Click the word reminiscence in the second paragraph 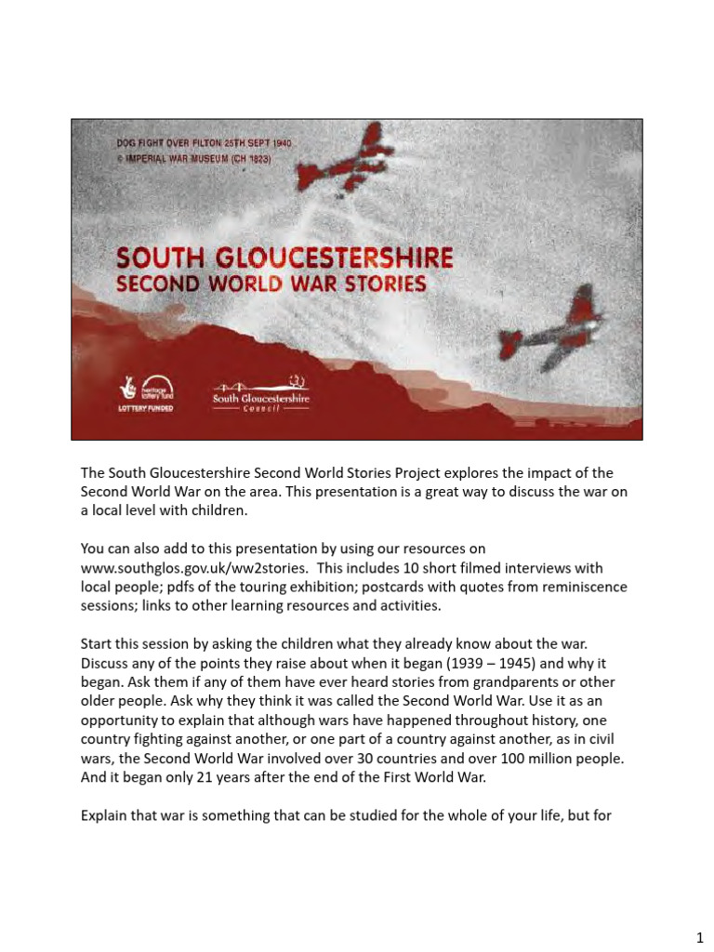pos(585,587)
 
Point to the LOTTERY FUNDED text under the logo pos(143,409)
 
